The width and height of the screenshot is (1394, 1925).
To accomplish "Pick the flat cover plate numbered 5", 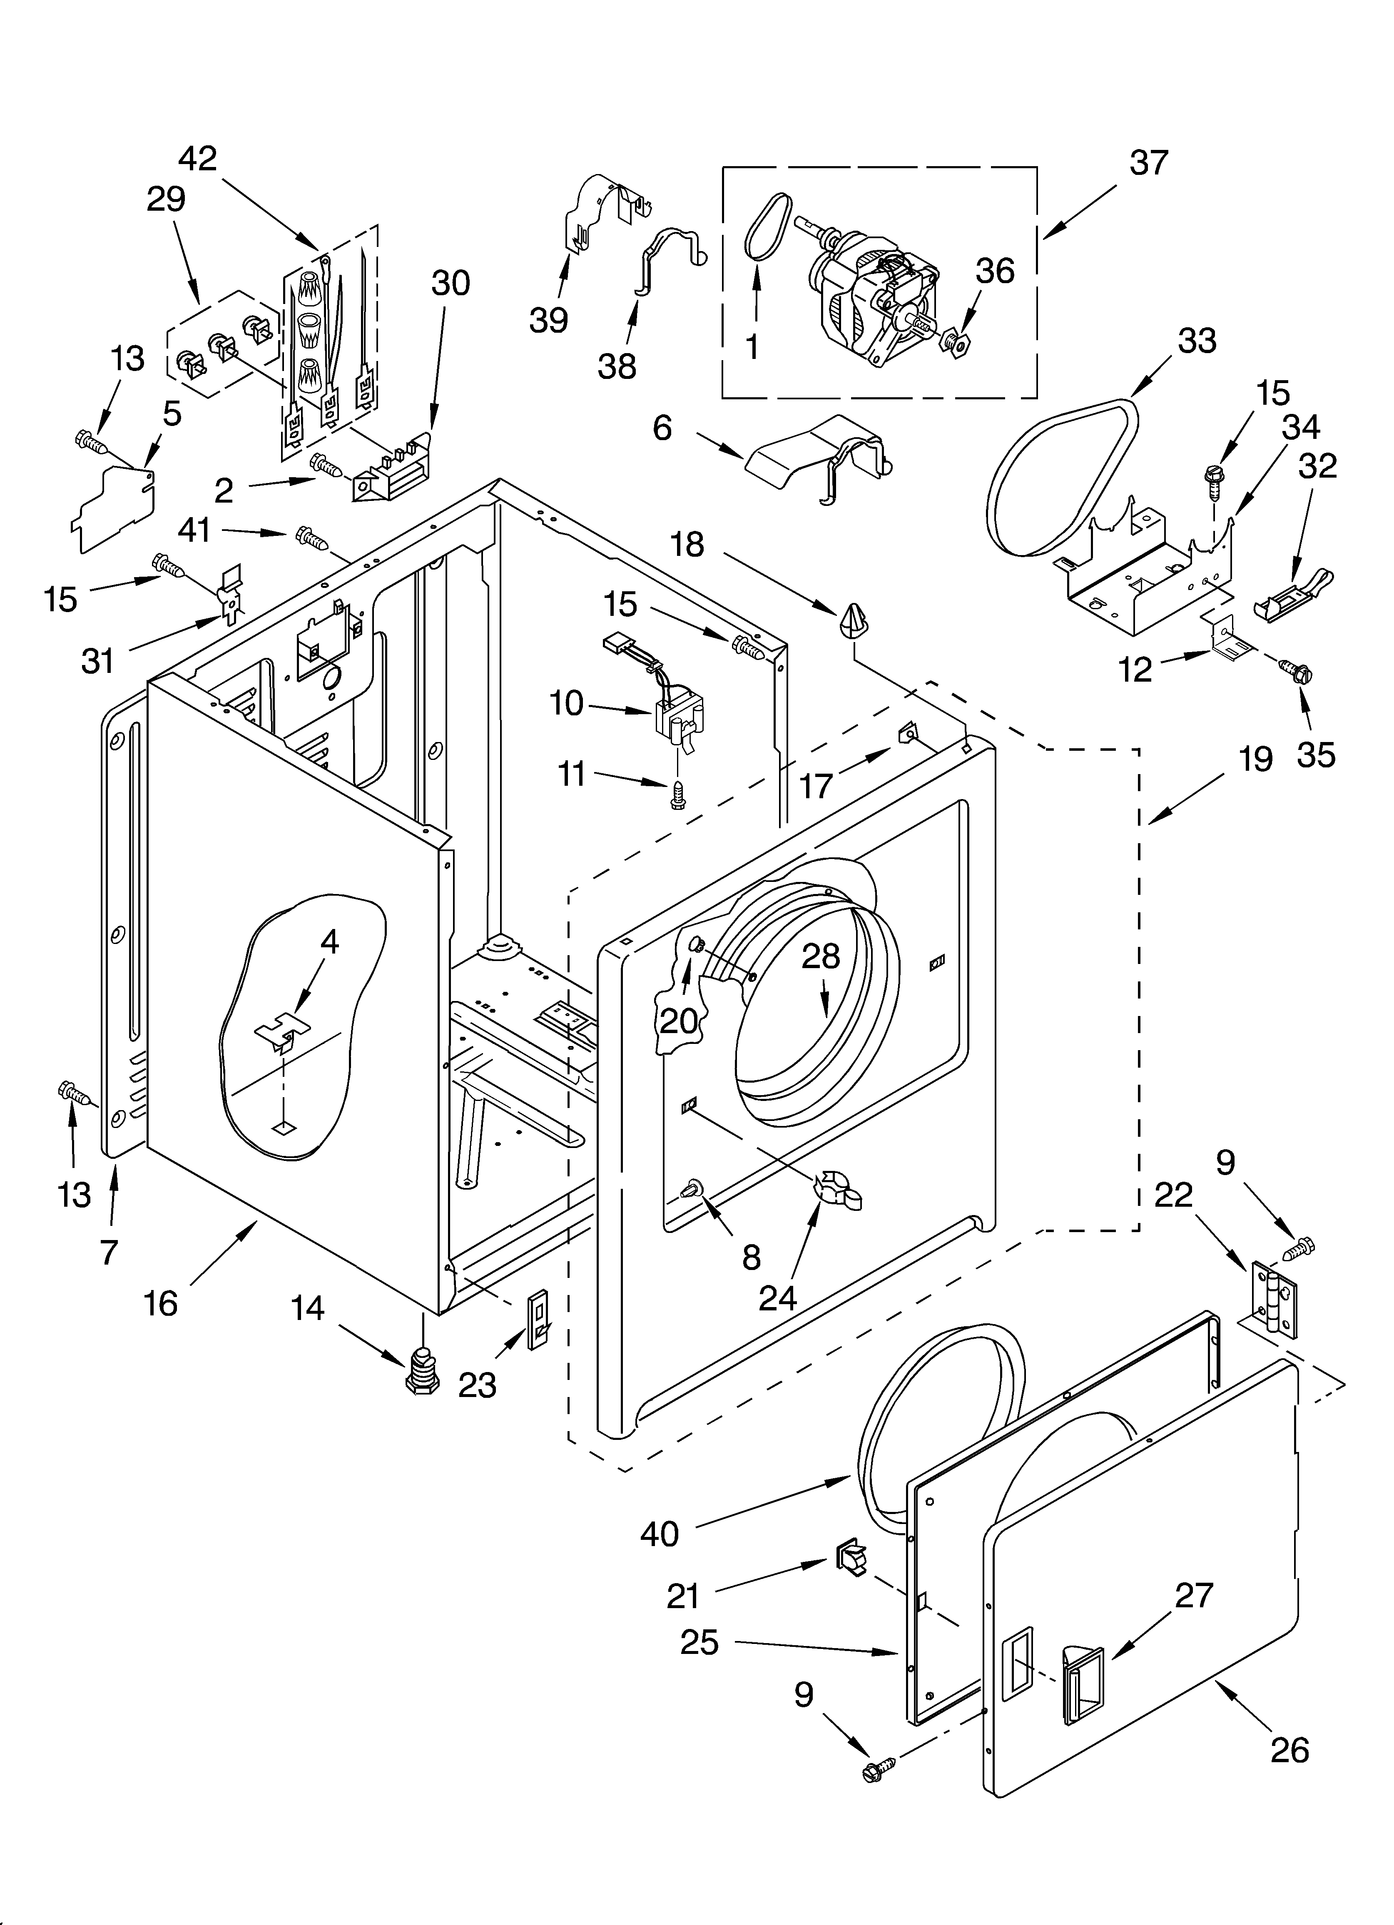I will (115, 509).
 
